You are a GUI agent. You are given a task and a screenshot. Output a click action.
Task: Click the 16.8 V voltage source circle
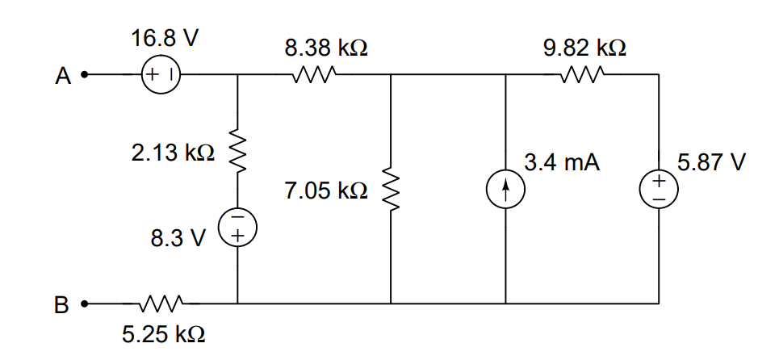[161, 75]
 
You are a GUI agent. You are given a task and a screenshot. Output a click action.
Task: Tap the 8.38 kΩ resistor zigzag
[315, 75]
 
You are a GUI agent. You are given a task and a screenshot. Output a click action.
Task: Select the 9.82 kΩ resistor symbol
[582, 75]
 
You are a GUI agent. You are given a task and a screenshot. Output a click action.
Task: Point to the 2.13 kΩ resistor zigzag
[237, 152]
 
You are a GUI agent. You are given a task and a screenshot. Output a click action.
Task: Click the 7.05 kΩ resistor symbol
[391, 189]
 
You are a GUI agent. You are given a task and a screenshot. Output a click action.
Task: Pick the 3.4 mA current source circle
[505, 190]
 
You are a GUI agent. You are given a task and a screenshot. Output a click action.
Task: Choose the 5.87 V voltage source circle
[659, 190]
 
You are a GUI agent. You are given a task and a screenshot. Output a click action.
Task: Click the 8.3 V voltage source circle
[237, 228]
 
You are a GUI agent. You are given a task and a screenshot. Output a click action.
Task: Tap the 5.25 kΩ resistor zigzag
[161, 303]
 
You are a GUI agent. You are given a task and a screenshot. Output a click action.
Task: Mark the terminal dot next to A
[85, 75]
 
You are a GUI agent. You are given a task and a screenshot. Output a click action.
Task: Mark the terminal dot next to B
[85, 303]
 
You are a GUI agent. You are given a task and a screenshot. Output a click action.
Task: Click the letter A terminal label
[63, 77]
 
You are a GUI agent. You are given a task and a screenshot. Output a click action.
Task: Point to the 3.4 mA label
[562, 162]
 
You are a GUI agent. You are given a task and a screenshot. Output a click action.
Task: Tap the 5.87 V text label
[712, 162]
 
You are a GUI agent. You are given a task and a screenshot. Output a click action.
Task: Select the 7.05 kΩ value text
[326, 190]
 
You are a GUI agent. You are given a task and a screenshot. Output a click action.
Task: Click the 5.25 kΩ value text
[163, 335]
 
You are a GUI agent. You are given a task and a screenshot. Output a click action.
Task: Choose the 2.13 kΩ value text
[174, 153]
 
